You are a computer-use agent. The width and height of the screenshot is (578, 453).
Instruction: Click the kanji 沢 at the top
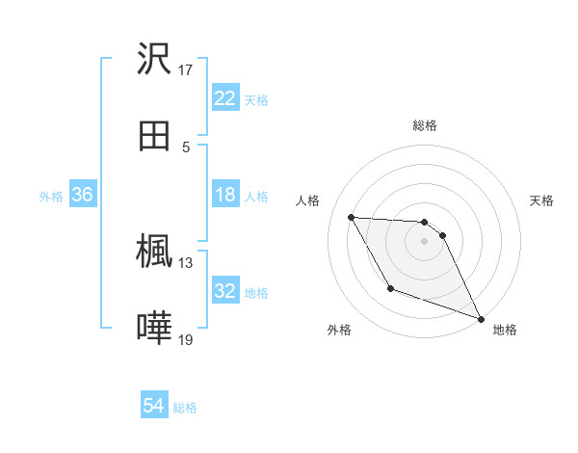click(x=154, y=59)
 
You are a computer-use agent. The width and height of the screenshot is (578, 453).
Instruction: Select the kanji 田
click(x=154, y=136)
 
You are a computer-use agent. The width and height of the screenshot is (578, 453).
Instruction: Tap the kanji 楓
click(x=154, y=252)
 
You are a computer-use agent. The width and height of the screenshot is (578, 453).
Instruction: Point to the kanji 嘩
click(x=154, y=329)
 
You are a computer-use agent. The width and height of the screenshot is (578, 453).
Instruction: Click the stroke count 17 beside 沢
click(x=186, y=69)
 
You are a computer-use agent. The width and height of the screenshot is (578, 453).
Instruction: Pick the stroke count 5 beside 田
click(x=186, y=147)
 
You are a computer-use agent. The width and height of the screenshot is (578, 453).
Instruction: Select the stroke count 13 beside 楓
click(x=186, y=262)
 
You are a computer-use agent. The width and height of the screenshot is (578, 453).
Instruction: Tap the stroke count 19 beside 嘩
click(x=186, y=339)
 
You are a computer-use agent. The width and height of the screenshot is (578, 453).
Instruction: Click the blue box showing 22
click(x=224, y=98)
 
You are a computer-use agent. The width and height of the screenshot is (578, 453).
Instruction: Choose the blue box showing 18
click(x=224, y=195)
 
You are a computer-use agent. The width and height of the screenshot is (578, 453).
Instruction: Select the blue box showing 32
click(x=224, y=291)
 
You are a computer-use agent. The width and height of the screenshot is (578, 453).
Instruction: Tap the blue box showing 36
click(x=82, y=195)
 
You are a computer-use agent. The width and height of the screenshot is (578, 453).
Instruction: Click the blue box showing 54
click(x=154, y=407)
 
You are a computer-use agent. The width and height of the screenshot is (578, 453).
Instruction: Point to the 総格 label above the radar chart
click(x=425, y=125)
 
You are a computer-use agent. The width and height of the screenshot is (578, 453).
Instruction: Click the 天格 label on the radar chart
click(x=542, y=200)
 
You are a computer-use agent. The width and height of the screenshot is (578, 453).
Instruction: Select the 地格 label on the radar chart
click(x=505, y=330)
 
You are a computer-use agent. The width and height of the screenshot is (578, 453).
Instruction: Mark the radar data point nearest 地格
click(x=481, y=319)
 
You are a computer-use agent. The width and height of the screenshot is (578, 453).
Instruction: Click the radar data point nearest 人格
click(x=352, y=217)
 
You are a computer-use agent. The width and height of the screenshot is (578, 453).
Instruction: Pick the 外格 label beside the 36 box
click(x=51, y=196)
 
